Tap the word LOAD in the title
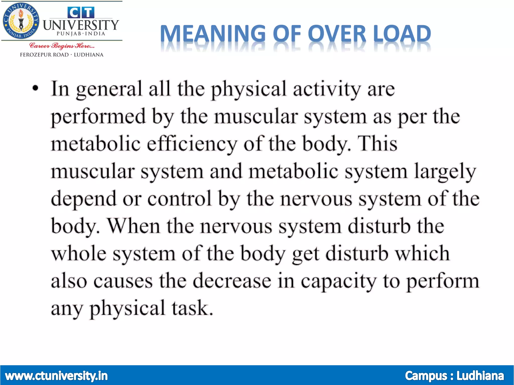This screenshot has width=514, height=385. pyautogui.click(x=402, y=34)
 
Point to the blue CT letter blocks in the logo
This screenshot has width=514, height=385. pyautogui.click(x=81, y=13)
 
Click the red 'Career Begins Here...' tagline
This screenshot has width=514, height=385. pyautogui.click(x=62, y=46)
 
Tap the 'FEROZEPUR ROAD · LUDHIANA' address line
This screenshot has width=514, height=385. pyautogui.click(x=62, y=55)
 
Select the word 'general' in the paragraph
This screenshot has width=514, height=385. pyautogui.click(x=109, y=89)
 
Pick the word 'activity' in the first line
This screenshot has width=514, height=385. pyautogui.click(x=327, y=89)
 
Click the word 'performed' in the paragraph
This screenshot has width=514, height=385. pyautogui.click(x=98, y=117)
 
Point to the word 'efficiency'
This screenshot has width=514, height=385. pyautogui.click(x=192, y=144)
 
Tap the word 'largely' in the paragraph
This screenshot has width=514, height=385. pyautogui.click(x=445, y=172)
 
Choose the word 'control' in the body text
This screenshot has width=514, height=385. pyautogui.click(x=179, y=199)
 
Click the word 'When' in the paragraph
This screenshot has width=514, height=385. pyautogui.click(x=134, y=226)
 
